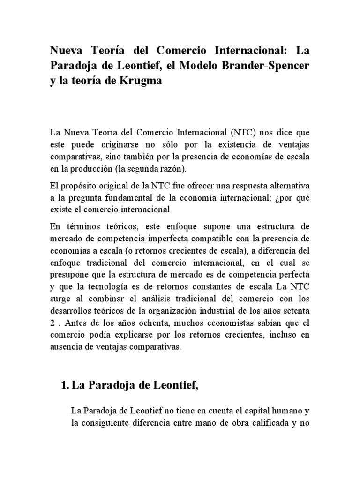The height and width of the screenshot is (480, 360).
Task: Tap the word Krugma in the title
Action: click(136, 81)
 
